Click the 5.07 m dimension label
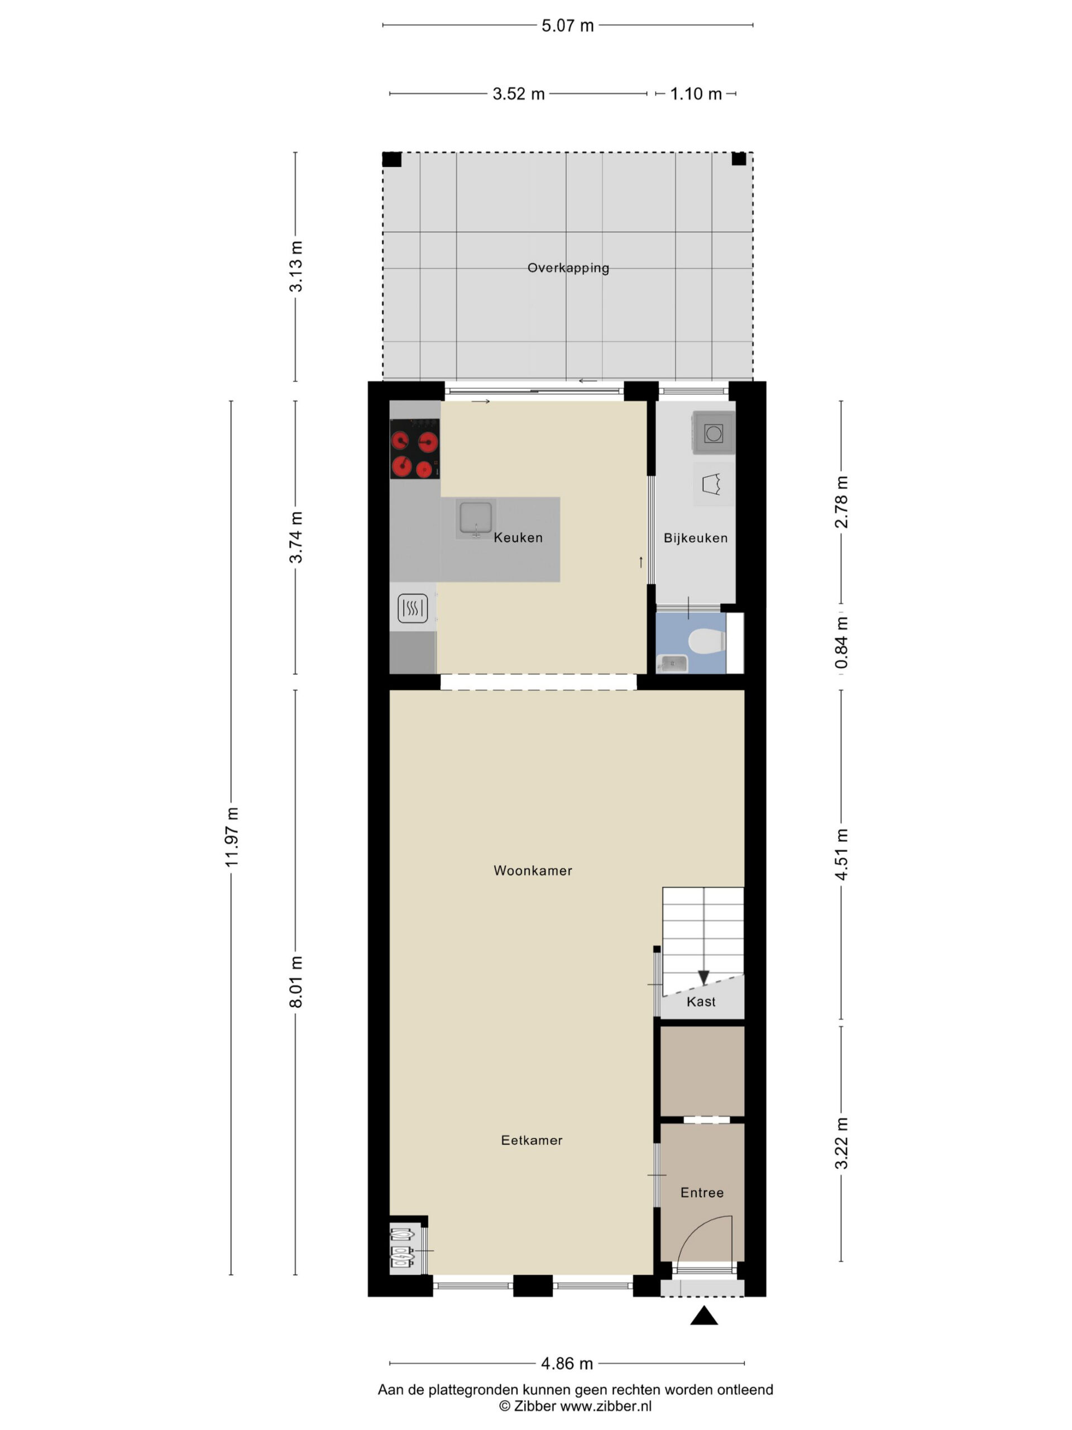click(x=567, y=26)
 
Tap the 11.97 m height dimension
click(x=232, y=837)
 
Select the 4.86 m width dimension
click(x=567, y=1364)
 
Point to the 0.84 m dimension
click(x=841, y=642)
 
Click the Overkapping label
click(x=568, y=268)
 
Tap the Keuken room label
click(x=518, y=537)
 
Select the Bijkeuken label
click(x=695, y=538)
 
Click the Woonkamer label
click(x=533, y=871)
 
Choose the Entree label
click(x=702, y=1193)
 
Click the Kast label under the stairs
click(x=701, y=1002)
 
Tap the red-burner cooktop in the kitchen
click(x=415, y=449)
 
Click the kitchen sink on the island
click(x=476, y=518)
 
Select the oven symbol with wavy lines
click(x=412, y=608)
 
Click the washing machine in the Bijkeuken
click(x=714, y=432)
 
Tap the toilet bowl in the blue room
click(x=707, y=642)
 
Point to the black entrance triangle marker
click(x=703, y=1315)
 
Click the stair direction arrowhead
click(x=703, y=978)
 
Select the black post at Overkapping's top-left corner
click(x=391, y=159)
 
